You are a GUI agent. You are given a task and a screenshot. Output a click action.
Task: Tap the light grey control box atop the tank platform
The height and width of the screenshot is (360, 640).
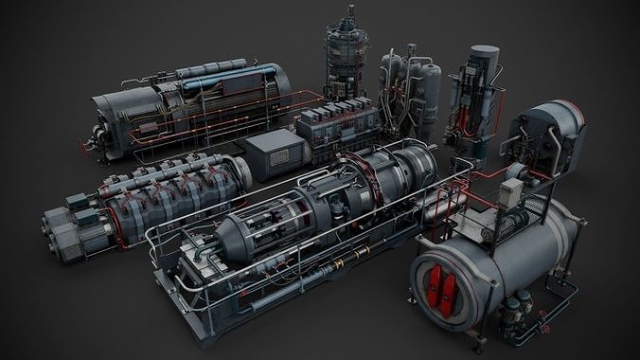click(x=510, y=193)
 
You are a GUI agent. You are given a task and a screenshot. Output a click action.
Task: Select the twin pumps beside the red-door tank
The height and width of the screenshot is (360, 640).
click(x=516, y=308)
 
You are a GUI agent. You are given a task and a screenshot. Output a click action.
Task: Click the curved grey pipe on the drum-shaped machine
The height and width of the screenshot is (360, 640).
click(x=521, y=142)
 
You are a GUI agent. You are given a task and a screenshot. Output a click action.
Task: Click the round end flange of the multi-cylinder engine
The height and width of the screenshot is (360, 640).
click(x=242, y=171)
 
